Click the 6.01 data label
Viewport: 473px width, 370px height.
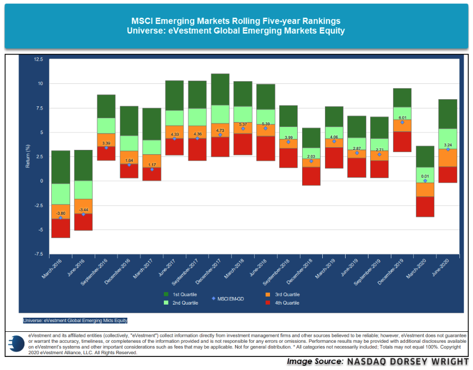click(x=402, y=117)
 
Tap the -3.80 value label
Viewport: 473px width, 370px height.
click(x=60, y=213)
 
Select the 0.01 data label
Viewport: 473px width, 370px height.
click(x=425, y=176)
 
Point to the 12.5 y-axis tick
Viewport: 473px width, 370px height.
click(x=38, y=59)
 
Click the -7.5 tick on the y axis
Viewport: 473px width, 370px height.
click(x=38, y=254)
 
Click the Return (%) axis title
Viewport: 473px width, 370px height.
click(x=27, y=156)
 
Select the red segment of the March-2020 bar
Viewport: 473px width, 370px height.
click(x=425, y=207)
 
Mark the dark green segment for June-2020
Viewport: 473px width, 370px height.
click(x=448, y=114)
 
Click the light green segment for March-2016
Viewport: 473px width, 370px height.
click(x=60, y=194)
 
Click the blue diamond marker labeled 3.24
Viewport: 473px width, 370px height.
click(x=448, y=149)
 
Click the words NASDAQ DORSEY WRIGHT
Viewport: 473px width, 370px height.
click(x=407, y=362)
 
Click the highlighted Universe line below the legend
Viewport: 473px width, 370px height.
click(x=75, y=320)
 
